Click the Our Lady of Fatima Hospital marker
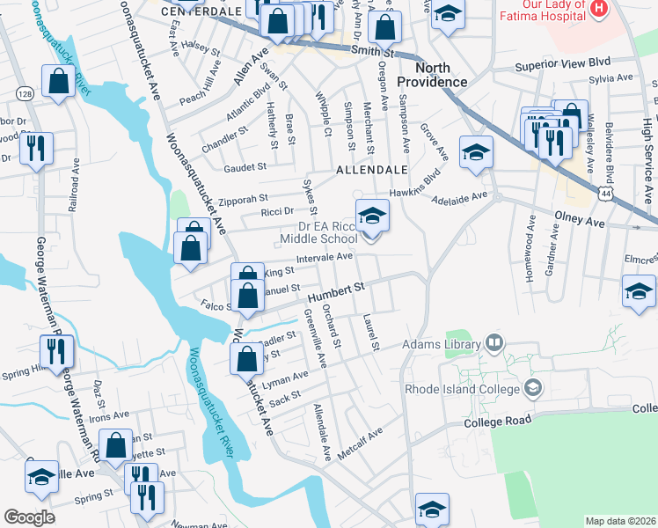click(599, 8)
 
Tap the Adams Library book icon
click(494, 342)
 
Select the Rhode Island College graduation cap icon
click(532, 387)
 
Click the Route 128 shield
click(25, 93)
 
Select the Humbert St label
click(336, 291)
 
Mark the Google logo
click(29, 517)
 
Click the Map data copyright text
click(620, 521)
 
